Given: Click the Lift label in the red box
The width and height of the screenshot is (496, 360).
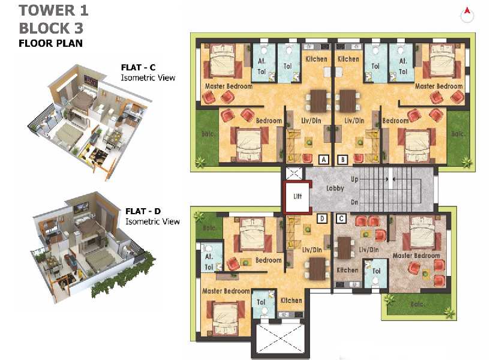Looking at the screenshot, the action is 297,196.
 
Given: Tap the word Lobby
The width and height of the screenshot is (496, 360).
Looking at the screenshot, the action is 335,188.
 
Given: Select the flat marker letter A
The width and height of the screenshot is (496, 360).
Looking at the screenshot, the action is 324,160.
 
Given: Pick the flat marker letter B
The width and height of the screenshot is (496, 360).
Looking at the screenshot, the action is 342,160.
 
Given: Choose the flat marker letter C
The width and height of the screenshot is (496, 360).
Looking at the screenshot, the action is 341,218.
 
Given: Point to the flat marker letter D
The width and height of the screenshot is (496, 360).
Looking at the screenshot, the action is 322,218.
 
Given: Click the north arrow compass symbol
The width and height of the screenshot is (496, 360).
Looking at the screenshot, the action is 467,15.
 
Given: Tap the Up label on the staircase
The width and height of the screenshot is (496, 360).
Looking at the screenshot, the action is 354,179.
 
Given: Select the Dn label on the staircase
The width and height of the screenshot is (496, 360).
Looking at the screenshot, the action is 354,202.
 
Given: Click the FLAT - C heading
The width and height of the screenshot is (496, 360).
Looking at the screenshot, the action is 138,67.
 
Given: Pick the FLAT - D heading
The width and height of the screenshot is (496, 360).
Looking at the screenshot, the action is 143,211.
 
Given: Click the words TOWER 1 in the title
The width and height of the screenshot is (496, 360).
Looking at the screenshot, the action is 53,10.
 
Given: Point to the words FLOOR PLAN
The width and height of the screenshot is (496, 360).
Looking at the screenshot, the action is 50,43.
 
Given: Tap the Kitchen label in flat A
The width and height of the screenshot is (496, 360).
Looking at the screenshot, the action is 316,59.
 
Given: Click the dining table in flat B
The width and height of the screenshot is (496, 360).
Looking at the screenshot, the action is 348,101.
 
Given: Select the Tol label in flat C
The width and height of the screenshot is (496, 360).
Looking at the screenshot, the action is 377,271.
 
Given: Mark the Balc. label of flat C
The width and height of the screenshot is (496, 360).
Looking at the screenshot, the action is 417,304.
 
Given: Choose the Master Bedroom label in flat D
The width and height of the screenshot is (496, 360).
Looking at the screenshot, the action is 226,291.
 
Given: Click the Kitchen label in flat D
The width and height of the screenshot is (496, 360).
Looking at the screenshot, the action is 291,301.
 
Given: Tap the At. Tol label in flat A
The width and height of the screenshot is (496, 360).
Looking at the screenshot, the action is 261,66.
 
